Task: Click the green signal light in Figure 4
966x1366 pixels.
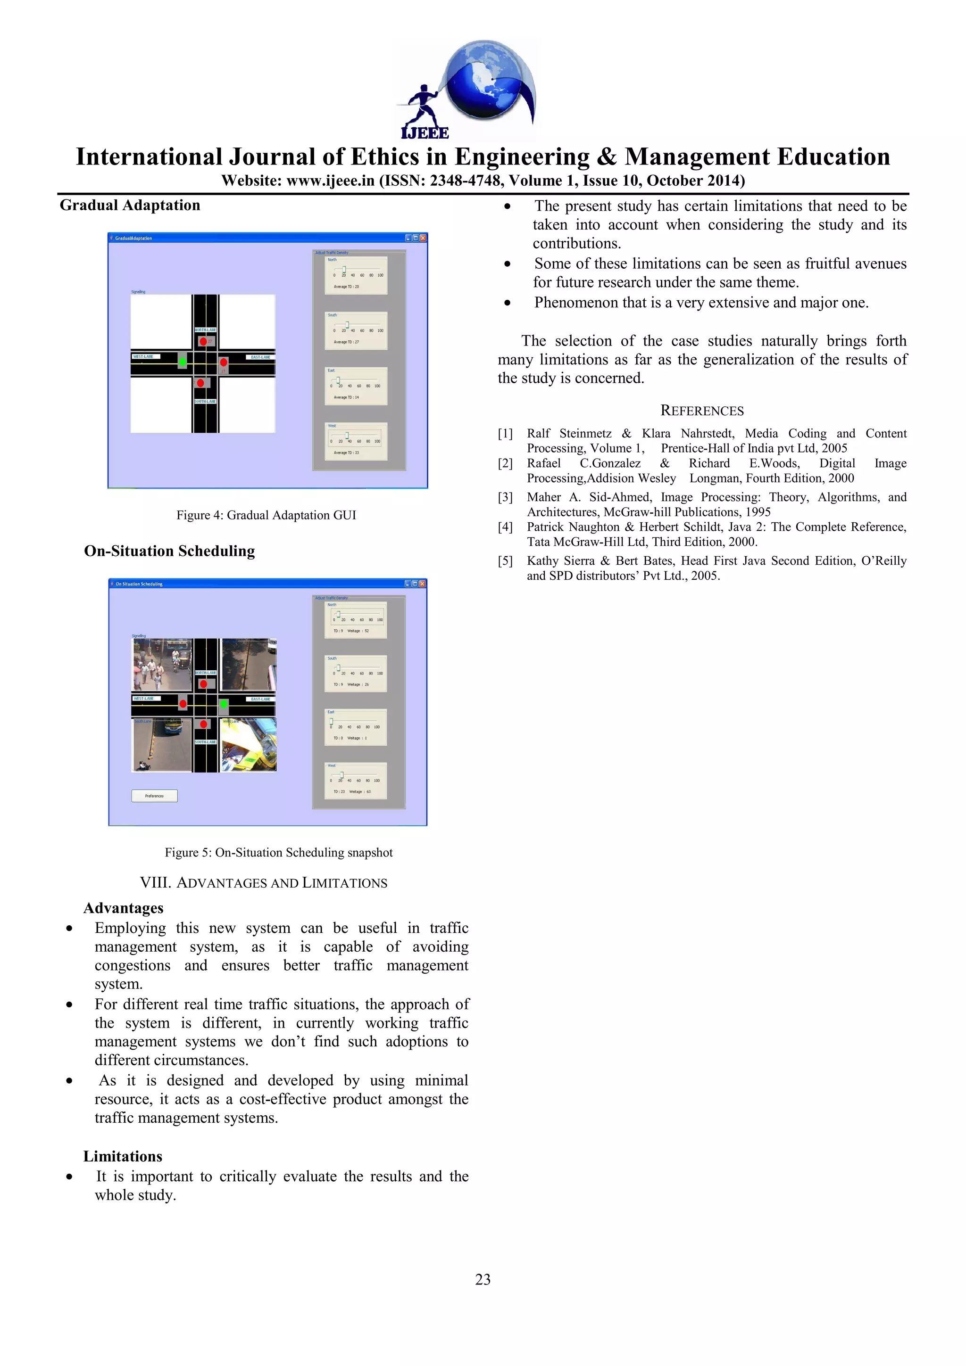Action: (183, 361)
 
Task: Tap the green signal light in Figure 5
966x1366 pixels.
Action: (224, 704)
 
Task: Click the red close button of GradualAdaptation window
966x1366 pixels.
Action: (423, 238)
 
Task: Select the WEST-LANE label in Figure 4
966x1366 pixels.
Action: (143, 356)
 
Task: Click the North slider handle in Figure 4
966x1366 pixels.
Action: (344, 270)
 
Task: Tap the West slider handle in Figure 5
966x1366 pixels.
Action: (341, 774)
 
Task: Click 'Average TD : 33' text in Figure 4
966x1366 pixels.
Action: (346, 453)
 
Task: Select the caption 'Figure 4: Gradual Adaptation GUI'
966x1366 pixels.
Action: (266, 515)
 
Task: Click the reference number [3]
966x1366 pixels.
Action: (505, 497)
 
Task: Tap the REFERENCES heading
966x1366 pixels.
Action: (702, 411)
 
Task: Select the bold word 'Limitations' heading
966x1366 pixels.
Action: (123, 1156)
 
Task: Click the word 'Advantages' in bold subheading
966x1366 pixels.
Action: (123, 908)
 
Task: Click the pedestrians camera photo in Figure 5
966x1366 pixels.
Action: (162, 664)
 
